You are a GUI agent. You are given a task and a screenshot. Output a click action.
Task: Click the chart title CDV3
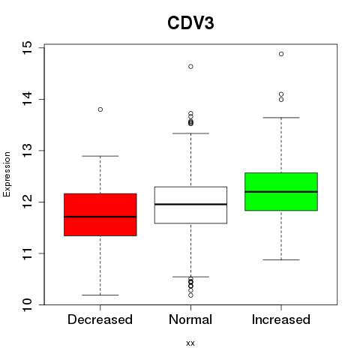tap(190, 23)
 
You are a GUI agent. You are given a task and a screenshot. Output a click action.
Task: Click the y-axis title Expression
tap(7, 174)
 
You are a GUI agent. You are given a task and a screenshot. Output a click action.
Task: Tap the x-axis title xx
tap(190, 343)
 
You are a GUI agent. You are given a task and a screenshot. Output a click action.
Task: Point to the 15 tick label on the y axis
tap(28, 47)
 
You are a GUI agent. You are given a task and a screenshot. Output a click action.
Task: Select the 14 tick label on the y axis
tap(28, 99)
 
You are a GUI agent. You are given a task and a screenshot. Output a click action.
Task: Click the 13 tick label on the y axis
tap(28, 151)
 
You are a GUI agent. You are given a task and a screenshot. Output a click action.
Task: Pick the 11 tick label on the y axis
tap(28, 253)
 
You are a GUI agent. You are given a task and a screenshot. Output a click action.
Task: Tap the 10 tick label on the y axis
tap(28, 304)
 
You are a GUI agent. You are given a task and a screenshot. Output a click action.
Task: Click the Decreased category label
tap(100, 319)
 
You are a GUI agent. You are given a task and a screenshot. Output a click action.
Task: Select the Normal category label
tap(190, 319)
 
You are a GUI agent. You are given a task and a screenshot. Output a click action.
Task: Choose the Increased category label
tap(281, 319)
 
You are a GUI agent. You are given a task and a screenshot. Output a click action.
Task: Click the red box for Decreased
tap(100, 214)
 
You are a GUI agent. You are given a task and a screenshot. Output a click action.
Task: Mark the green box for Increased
tap(281, 191)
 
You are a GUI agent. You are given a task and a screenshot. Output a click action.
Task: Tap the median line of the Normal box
tap(190, 204)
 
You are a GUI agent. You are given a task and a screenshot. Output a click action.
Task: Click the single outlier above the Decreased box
tap(100, 109)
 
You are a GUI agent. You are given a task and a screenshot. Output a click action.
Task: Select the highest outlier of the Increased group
tap(281, 54)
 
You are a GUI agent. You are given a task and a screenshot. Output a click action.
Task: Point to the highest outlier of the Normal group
tap(190, 67)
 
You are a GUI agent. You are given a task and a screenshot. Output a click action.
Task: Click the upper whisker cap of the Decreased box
tap(100, 156)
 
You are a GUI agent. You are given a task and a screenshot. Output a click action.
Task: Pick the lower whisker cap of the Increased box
tap(281, 259)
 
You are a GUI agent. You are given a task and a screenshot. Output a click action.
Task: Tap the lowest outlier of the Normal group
tap(190, 295)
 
